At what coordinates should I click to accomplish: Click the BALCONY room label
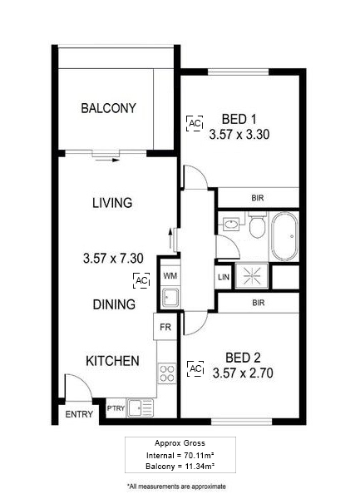[108, 108]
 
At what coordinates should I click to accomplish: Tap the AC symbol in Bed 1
[195, 123]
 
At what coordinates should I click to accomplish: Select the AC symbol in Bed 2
[195, 368]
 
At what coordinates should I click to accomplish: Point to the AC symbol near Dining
[141, 281]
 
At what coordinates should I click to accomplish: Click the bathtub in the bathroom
[284, 236]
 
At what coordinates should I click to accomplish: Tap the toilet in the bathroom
[257, 225]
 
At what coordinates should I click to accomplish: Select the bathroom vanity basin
[231, 225]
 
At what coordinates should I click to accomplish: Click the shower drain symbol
[252, 275]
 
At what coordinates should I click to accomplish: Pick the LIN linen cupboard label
[224, 277]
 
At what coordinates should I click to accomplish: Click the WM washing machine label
[170, 275]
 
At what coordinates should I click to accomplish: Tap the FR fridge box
[165, 327]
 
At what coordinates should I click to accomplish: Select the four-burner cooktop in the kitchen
[167, 373]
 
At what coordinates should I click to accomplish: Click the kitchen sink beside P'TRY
[140, 408]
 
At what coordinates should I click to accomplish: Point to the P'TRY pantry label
[116, 408]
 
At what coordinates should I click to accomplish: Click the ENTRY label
[79, 414]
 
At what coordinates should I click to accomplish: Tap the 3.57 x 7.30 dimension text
[113, 258]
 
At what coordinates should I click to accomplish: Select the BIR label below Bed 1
[258, 198]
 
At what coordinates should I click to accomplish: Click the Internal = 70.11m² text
[180, 456]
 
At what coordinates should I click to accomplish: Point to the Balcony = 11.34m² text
[180, 467]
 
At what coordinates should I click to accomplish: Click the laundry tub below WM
[170, 297]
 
